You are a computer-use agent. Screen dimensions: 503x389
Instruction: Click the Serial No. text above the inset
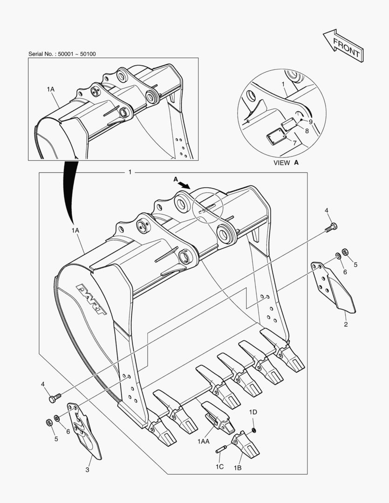tap(62, 54)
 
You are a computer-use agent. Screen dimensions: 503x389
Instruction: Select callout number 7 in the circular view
tap(295, 142)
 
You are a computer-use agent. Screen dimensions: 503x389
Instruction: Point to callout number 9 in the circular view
tap(310, 122)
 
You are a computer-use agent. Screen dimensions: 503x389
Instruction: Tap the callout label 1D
tap(253, 412)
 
